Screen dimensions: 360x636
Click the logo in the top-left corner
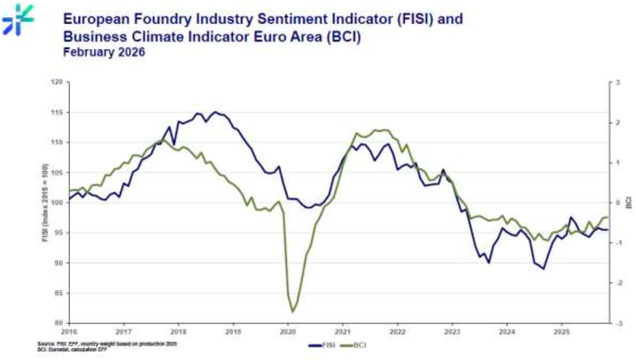pyautogui.click(x=17, y=19)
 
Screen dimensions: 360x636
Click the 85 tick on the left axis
pyautogui.click(x=60, y=293)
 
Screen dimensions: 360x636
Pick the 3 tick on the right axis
pyautogui.click(x=617, y=82)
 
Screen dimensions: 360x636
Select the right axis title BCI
pyautogui.click(x=629, y=202)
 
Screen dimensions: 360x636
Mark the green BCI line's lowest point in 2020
pyautogui.click(x=293, y=312)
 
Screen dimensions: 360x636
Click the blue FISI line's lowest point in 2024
pyautogui.click(x=543, y=269)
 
